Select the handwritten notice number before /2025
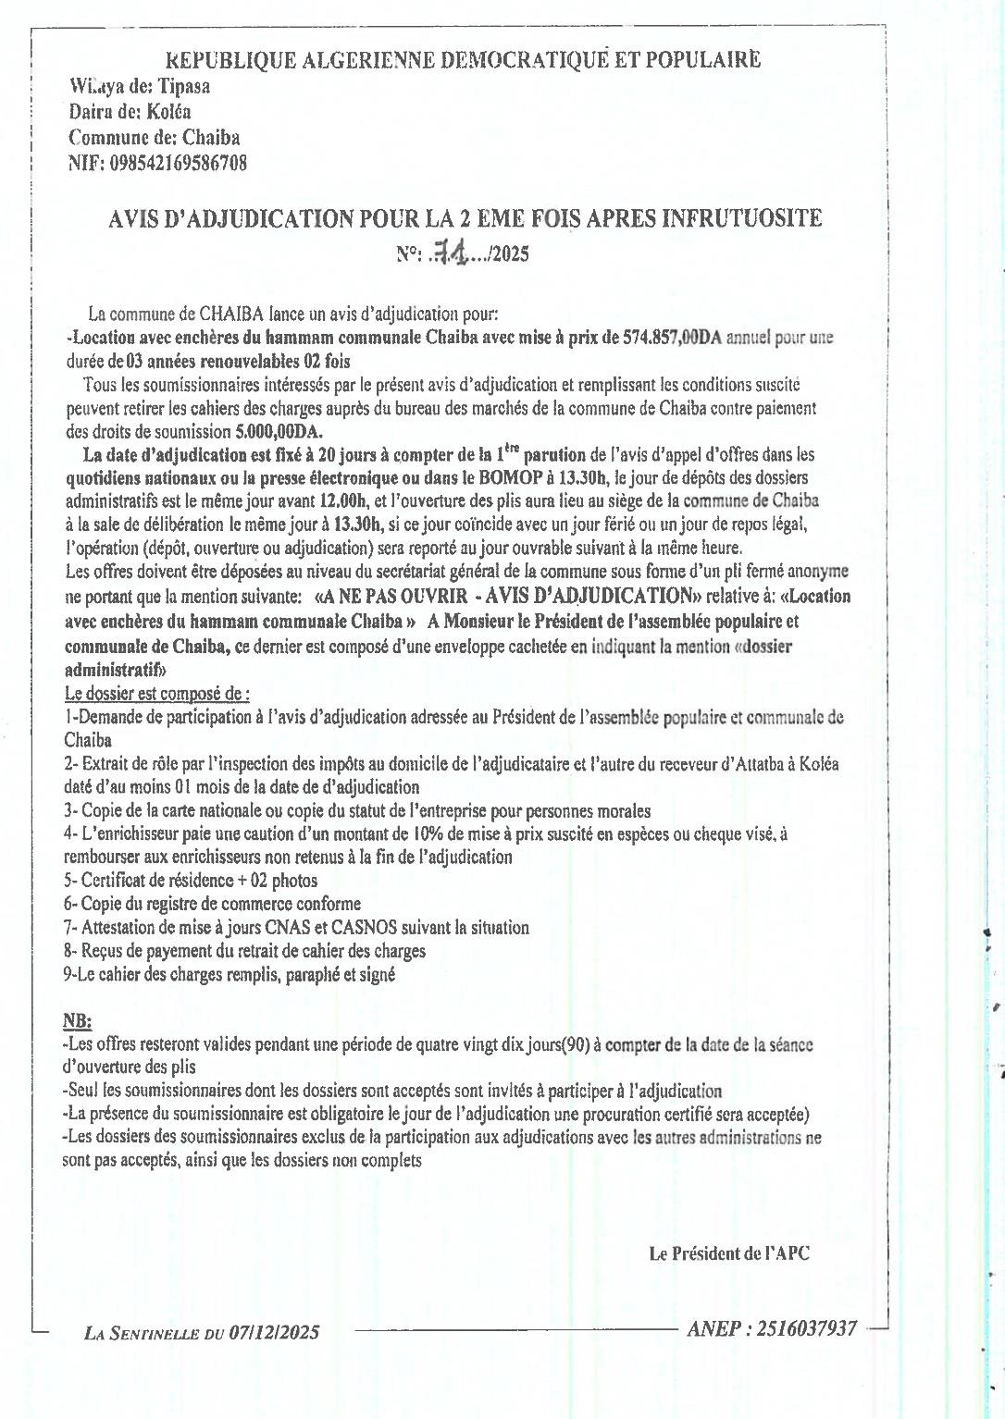click(x=452, y=253)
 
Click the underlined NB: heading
click(x=78, y=1020)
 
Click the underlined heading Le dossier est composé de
click(x=156, y=694)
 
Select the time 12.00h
click(x=344, y=501)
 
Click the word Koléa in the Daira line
click(x=169, y=112)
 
